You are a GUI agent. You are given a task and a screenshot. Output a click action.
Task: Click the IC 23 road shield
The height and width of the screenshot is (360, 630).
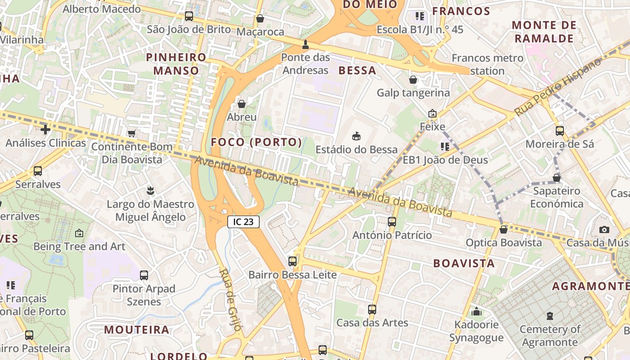click(243, 221)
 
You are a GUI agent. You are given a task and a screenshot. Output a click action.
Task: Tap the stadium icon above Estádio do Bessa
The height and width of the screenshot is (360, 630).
click(356, 136)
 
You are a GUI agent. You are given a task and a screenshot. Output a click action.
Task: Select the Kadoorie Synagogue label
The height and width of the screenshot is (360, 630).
click(476, 331)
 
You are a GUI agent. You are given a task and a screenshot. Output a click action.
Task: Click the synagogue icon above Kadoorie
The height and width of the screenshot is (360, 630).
click(477, 311)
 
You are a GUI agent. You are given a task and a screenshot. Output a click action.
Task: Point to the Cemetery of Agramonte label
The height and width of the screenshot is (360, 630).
click(550, 336)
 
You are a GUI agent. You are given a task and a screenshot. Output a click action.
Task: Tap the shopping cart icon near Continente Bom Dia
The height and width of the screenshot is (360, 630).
click(131, 133)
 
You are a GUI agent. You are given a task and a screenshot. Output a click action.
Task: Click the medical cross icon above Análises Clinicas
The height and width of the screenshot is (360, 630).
click(45, 130)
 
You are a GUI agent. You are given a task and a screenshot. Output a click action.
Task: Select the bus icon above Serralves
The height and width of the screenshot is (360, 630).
click(38, 171)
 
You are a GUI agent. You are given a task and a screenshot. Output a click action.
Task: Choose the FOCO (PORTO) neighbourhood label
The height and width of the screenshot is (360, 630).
click(256, 142)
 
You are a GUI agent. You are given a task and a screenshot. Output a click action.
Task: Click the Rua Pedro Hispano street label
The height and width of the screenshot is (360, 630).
click(558, 86)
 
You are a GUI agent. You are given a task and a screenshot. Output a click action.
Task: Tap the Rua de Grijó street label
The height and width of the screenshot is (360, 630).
click(231, 300)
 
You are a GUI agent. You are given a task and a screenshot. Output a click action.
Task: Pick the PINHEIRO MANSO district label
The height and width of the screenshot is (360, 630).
click(176, 64)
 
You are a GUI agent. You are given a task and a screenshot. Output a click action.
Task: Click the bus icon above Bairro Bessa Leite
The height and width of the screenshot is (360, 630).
click(292, 261)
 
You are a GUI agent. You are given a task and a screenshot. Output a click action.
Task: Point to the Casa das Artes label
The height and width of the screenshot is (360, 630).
click(372, 323)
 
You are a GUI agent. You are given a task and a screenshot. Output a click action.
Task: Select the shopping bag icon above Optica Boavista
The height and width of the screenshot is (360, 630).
click(504, 230)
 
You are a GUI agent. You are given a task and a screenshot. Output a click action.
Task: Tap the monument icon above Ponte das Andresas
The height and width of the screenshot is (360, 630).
click(306, 44)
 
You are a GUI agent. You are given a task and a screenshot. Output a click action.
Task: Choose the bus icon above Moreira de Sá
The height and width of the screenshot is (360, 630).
click(560, 131)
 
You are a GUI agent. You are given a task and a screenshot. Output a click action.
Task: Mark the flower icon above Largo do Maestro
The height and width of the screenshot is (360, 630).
click(151, 191)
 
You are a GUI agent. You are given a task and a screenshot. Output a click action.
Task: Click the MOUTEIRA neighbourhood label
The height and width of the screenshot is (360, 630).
click(137, 329)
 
